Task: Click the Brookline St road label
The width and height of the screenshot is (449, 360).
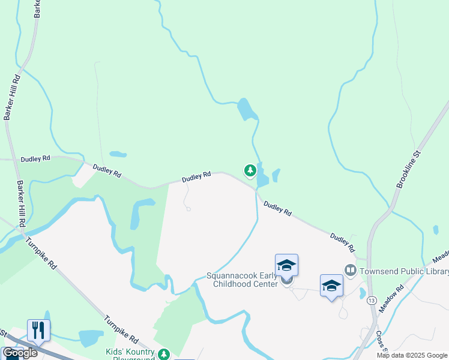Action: (x=410, y=161)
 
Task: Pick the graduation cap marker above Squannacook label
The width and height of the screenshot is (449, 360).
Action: (x=286, y=265)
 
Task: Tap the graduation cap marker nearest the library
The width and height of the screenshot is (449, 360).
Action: (x=331, y=286)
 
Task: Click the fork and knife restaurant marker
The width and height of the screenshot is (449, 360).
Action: (x=38, y=330)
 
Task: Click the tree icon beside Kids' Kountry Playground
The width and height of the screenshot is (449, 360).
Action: (x=164, y=355)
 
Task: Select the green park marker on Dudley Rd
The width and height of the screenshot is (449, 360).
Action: (x=250, y=171)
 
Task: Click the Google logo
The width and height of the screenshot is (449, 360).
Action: (x=20, y=353)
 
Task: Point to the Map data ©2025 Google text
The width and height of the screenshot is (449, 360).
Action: (x=412, y=355)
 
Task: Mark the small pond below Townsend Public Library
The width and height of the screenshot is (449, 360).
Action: (x=363, y=293)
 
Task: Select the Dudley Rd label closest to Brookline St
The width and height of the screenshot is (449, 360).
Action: (x=343, y=242)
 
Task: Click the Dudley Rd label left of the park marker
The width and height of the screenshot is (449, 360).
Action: (x=197, y=176)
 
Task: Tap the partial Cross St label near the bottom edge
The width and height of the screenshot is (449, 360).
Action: (x=380, y=341)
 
